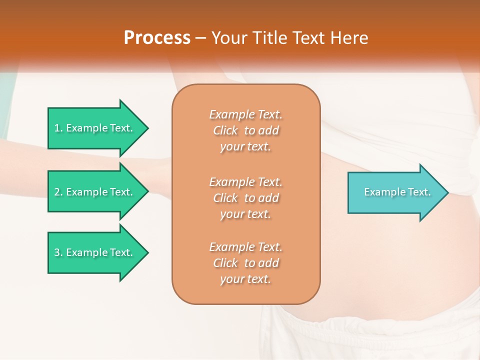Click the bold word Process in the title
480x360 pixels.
coord(157,38)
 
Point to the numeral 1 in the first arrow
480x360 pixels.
coord(57,128)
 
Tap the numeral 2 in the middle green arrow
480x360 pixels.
coord(57,192)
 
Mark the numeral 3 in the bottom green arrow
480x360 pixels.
coord(57,252)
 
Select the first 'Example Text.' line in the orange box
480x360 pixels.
coord(245,114)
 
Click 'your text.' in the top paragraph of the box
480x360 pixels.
coord(245,147)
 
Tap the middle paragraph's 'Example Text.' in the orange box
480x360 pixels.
coord(245,181)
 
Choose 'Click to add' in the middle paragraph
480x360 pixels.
coord(245,198)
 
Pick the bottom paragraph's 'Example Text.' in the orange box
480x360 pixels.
coord(245,247)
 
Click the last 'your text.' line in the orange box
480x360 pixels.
coord(245,279)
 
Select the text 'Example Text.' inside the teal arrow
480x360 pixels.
coord(397,192)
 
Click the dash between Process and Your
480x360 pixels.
coord(201,38)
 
